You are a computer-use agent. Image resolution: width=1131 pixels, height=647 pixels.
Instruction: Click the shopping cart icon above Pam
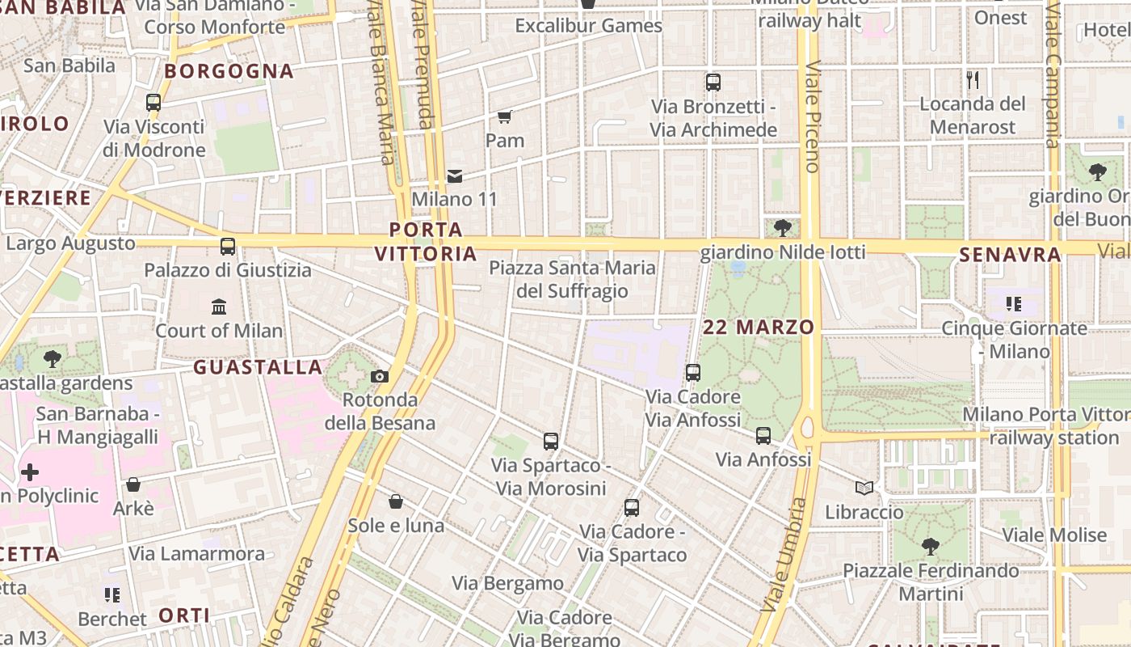point(505,117)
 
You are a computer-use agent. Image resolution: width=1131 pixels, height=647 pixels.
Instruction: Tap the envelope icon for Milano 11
point(455,176)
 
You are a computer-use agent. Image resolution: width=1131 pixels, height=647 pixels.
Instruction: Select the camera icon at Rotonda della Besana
point(380,376)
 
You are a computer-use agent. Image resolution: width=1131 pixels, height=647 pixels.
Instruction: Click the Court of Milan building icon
point(219,307)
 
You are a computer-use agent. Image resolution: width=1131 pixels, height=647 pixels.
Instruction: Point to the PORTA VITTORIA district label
point(426,242)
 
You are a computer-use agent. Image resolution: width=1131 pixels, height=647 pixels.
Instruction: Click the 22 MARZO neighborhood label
point(759,328)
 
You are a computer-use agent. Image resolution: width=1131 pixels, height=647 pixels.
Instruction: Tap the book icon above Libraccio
point(864,488)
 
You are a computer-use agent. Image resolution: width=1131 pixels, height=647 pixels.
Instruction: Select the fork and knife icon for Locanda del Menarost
point(973,80)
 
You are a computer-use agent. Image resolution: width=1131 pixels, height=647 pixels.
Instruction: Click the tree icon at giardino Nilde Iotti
point(782,228)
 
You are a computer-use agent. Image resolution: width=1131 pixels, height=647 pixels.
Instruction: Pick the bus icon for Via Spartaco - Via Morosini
point(551,442)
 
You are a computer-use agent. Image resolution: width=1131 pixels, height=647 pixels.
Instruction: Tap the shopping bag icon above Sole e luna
point(396,502)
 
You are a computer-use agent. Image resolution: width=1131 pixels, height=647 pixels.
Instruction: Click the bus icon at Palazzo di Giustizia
point(228,246)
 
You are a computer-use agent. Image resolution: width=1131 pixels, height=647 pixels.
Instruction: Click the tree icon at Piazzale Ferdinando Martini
point(931,547)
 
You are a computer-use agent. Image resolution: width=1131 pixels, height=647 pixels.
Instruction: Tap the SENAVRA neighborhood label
point(1010,256)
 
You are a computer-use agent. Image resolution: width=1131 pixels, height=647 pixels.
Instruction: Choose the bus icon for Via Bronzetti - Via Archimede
point(713,82)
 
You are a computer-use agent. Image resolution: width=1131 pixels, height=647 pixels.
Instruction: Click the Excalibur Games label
point(589,26)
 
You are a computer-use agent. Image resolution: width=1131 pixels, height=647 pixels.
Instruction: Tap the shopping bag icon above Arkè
point(133,484)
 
